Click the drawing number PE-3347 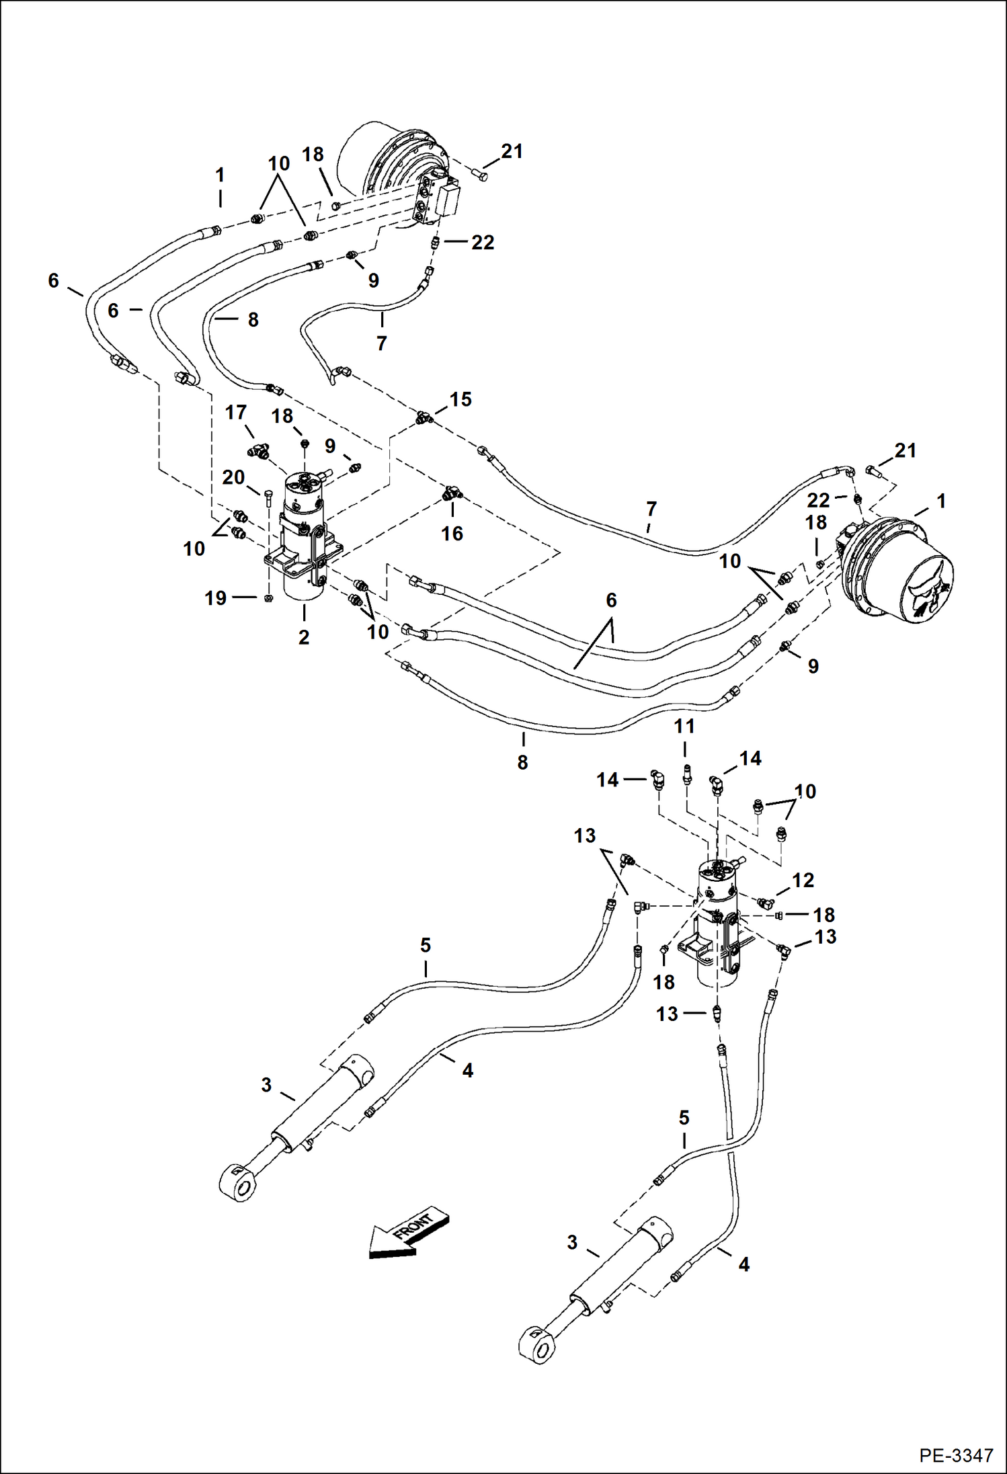pyautogui.click(x=956, y=1455)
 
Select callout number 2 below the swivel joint pyautogui.click(x=304, y=637)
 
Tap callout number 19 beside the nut pyautogui.click(x=216, y=598)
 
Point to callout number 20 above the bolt pyautogui.click(x=233, y=477)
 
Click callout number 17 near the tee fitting pyautogui.click(x=235, y=412)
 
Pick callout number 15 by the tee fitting pyautogui.click(x=460, y=399)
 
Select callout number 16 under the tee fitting pyautogui.click(x=452, y=534)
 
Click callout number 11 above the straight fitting pyautogui.click(x=684, y=727)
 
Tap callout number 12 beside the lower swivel pyautogui.click(x=803, y=880)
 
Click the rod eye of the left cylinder pyautogui.click(x=239, y=1182)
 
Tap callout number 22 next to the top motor pyautogui.click(x=483, y=242)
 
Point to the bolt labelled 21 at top pyautogui.click(x=481, y=176)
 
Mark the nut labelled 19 pyautogui.click(x=268, y=598)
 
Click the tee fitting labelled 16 pyautogui.click(x=451, y=495)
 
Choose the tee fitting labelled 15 pyautogui.click(x=422, y=418)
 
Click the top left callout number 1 pyautogui.click(x=220, y=175)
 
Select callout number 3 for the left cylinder pyautogui.click(x=266, y=1085)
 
